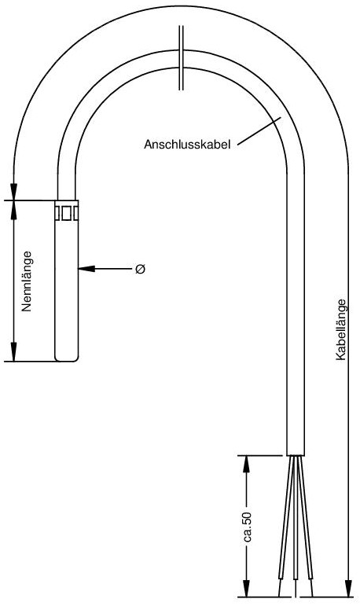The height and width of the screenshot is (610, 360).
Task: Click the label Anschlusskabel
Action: [187, 145]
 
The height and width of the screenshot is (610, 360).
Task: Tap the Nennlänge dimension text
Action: [27, 281]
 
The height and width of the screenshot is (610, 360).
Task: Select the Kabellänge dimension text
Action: [340, 329]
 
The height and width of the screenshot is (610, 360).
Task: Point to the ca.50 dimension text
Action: [247, 527]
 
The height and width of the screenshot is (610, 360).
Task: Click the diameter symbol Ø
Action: [141, 269]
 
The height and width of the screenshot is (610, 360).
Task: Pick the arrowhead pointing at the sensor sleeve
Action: [86, 268]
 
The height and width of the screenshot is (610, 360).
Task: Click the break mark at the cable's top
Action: [181, 58]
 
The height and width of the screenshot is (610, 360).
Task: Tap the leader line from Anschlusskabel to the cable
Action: [259, 132]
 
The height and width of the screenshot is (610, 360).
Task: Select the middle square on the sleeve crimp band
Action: [67, 214]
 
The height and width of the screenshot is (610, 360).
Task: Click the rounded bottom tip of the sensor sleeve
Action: [67, 358]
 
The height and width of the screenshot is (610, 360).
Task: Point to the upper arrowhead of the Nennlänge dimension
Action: [14, 208]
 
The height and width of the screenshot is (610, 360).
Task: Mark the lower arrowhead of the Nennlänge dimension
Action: [14, 353]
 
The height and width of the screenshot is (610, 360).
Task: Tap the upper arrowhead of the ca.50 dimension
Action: [246, 464]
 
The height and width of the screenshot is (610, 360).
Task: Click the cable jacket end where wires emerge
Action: [296, 455]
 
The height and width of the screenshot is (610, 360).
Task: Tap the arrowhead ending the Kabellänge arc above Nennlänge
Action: [14, 191]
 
